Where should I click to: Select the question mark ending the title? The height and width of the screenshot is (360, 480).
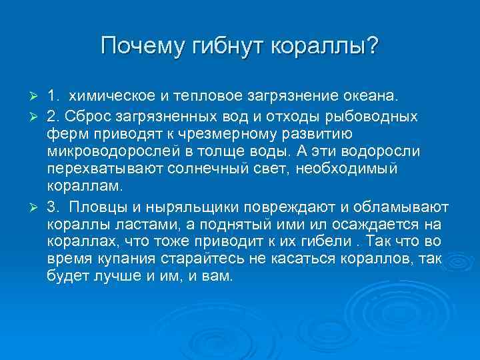pyautogui.click(x=371, y=47)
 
